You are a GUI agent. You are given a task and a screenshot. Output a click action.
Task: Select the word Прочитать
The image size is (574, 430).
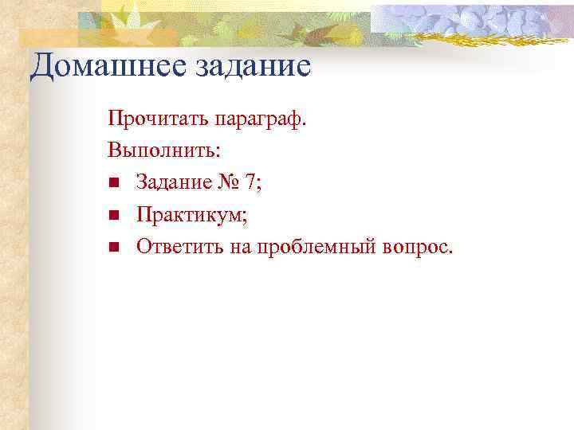(x=157, y=120)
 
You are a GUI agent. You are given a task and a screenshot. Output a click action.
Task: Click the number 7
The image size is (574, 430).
(x=252, y=183)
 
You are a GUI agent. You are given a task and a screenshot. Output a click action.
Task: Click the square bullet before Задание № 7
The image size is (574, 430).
(x=114, y=184)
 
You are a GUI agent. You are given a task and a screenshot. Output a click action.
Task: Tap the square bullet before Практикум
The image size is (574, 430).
(x=114, y=216)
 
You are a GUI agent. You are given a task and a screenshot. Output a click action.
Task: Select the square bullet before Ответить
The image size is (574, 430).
(x=114, y=248)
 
